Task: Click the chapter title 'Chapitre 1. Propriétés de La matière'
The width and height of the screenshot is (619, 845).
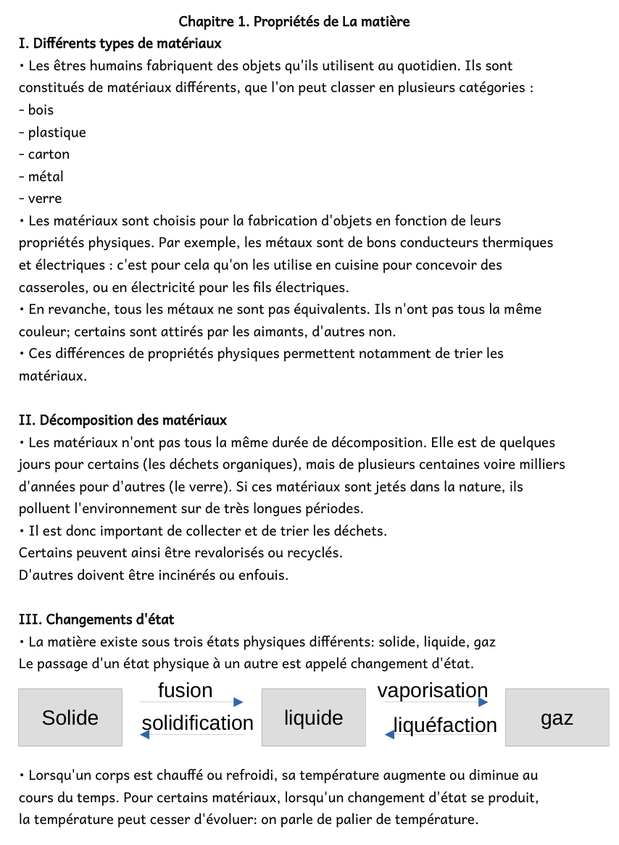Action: (x=294, y=22)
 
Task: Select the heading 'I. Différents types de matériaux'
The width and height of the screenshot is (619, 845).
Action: (x=120, y=43)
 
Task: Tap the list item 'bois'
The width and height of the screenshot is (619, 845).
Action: (x=41, y=110)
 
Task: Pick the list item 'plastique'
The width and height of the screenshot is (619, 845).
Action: (x=57, y=133)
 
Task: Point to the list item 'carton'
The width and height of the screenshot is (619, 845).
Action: (x=49, y=154)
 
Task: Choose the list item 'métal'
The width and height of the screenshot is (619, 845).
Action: (x=46, y=177)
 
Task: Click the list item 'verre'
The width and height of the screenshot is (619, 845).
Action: (x=45, y=199)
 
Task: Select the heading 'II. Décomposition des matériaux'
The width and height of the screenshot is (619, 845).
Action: (x=122, y=420)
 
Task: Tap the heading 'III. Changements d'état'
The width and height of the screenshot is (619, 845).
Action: (x=96, y=620)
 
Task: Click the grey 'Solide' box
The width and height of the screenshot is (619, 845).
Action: (x=70, y=717)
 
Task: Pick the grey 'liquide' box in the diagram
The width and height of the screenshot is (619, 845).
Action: (x=313, y=717)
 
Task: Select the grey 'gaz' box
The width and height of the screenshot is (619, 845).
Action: (x=557, y=717)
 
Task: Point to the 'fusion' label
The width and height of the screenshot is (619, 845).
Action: (x=186, y=691)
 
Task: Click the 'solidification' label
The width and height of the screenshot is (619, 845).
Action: (x=197, y=723)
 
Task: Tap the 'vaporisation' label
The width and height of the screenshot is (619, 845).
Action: (x=433, y=691)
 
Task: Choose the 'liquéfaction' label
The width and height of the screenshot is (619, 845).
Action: (x=444, y=725)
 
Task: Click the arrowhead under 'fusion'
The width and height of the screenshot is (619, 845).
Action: (x=238, y=702)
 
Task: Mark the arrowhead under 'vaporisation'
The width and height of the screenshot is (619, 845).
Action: (x=483, y=702)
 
